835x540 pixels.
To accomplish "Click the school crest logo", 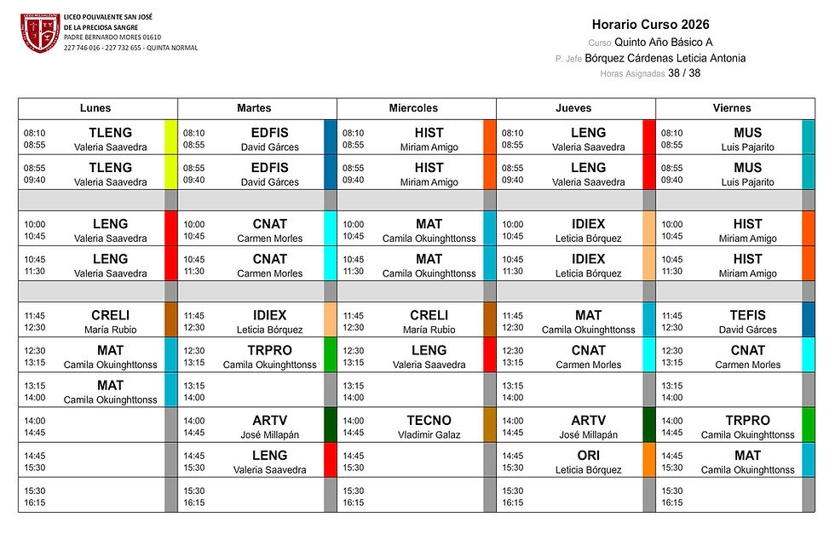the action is pyautogui.click(x=40, y=33).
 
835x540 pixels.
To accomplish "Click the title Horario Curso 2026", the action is pyautogui.click(x=650, y=25).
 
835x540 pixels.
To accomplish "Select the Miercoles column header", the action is pyautogui.click(x=413, y=108).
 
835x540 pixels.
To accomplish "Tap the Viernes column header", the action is pyautogui.click(x=732, y=108).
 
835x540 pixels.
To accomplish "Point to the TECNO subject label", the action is pyautogui.click(x=429, y=421).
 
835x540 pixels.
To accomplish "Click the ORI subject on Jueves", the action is pyautogui.click(x=588, y=456).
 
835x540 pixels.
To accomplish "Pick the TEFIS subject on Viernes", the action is pyautogui.click(x=747, y=315).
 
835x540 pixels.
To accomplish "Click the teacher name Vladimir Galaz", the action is pyautogui.click(x=429, y=435).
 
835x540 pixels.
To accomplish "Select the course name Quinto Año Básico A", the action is pyautogui.click(x=663, y=42).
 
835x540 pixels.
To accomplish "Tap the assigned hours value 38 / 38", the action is pyautogui.click(x=683, y=73).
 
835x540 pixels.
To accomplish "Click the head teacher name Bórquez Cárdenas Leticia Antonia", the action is pyautogui.click(x=665, y=58).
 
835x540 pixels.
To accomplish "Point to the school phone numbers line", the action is pyautogui.click(x=130, y=48).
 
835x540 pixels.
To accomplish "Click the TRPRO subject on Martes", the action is pyautogui.click(x=269, y=350).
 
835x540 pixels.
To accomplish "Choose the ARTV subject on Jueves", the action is pyautogui.click(x=588, y=421).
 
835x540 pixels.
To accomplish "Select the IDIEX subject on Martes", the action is pyautogui.click(x=269, y=315).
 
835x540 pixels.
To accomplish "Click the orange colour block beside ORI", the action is pyautogui.click(x=648, y=460).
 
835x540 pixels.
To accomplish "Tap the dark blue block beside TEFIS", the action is pyautogui.click(x=808, y=319).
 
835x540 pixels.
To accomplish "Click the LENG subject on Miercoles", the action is pyautogui.click(x=429, y=350).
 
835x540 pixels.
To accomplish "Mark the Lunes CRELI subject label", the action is pyautogui.click(x=110, y=315).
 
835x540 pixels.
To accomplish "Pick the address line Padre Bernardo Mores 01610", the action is pyautogui.click(x=112, y=37).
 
